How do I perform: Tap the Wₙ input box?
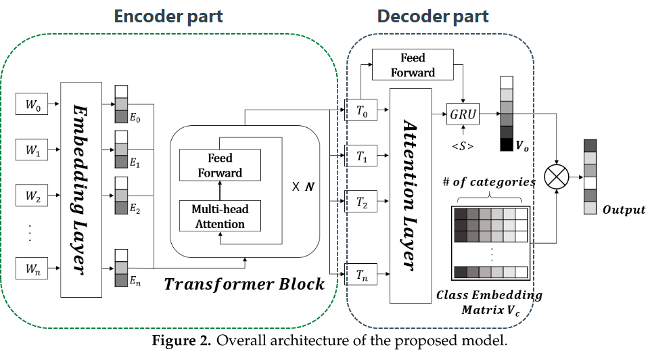coord(32,269)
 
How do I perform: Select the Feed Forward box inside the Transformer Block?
coord(219,165)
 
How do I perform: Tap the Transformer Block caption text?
coord(244,284)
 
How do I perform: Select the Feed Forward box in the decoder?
coord(413,64)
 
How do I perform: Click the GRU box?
coord(463,115)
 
